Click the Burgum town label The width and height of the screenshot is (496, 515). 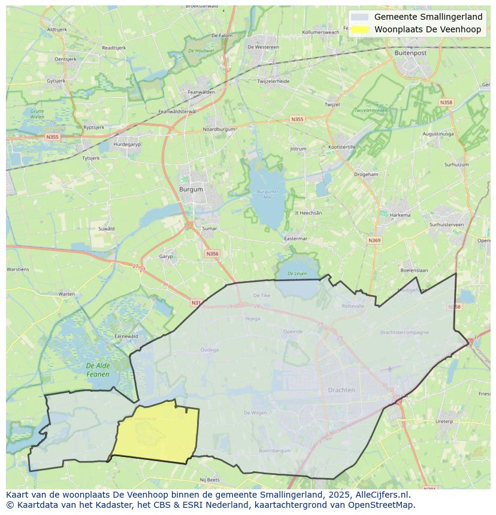[191, 190]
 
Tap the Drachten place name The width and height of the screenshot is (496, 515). [341, 390]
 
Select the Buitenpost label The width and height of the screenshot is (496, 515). [410, 53]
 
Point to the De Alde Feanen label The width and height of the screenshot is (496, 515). [98, 370]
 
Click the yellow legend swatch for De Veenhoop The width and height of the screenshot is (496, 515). [360, 29]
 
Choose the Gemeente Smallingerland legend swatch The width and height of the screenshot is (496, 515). [360, 17]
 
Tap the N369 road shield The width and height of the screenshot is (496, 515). [374, 240]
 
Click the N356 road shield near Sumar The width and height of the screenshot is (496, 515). [212, 254]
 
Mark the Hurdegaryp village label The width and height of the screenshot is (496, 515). [126, 144]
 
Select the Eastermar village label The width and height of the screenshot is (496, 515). [295, 238]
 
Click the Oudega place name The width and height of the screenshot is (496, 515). [209, 350]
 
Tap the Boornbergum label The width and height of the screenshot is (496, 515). [274, 450]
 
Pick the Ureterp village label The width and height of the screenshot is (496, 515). [444, 421]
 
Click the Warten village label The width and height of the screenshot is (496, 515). [66, 294]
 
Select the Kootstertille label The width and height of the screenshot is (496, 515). [343, 147]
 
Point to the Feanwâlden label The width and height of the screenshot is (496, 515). [201, 92]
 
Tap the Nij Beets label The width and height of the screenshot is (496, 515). [210, 480]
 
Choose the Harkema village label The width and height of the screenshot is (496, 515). [400, 215]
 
